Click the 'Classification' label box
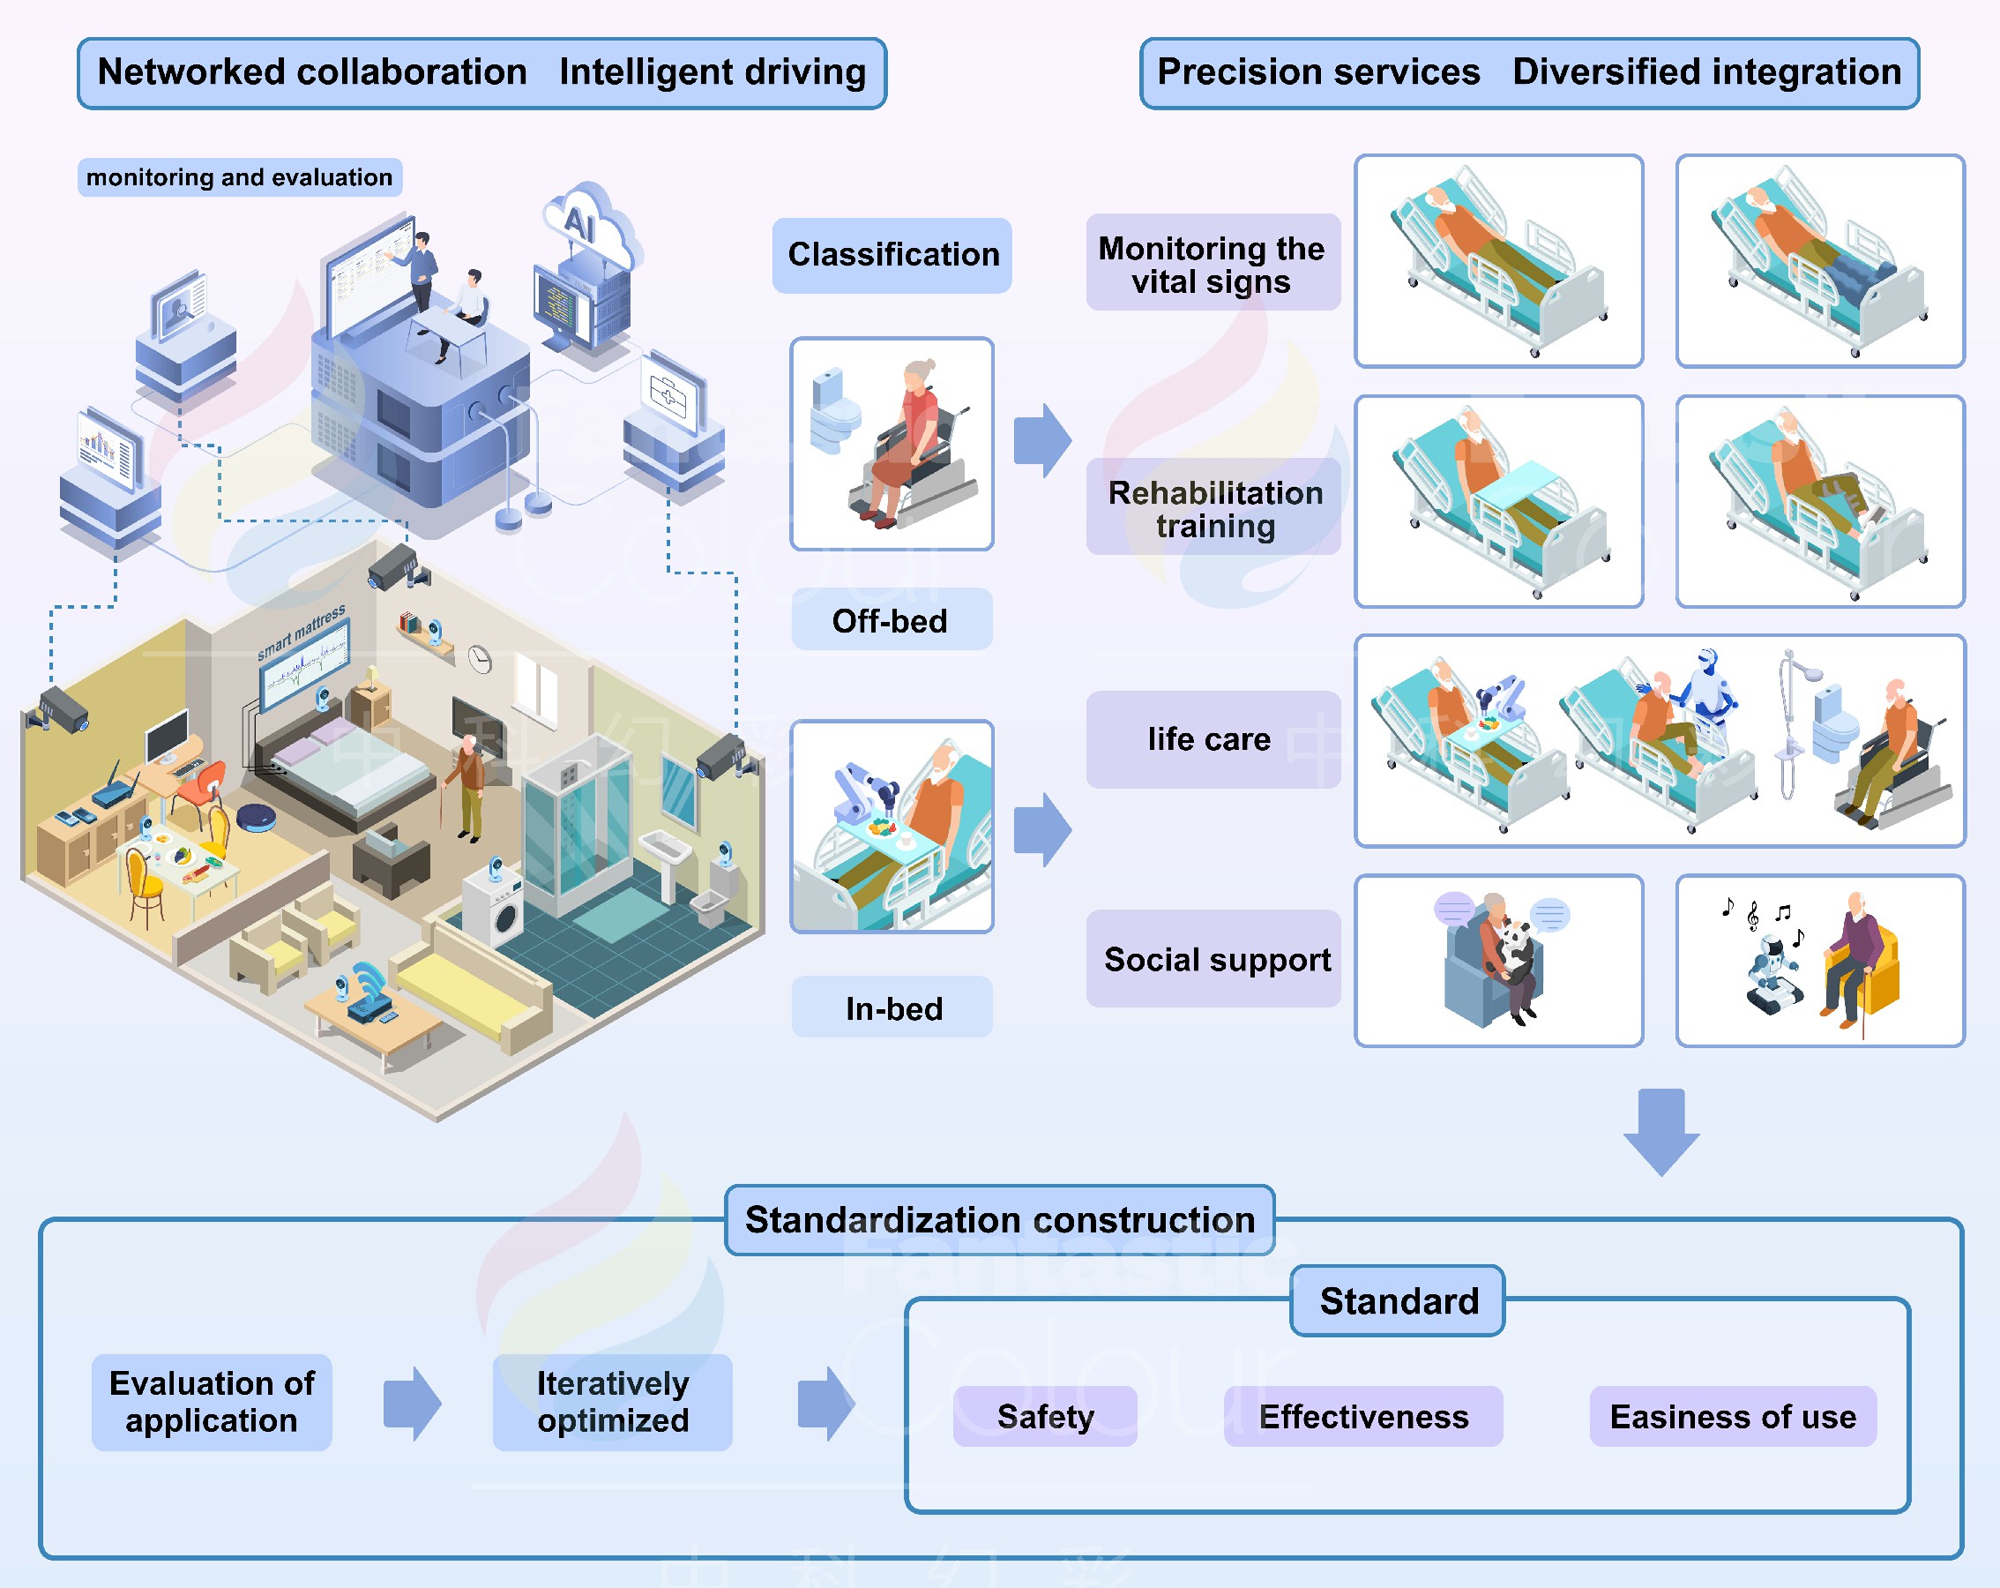pyautogui.click(x=892, y=255)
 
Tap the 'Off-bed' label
pyautogui.click(x=891, y=620)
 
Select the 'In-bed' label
pyautogui.click(x=892, y=1007)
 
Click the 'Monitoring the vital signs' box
pyautogui.click(x=1212, y=264)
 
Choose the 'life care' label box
pyautogui.click(x=1212, y=739)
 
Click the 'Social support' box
pyautogui.click(x=1213, y=959)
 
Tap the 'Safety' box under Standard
pyautogui.click(x=1044, y=1416)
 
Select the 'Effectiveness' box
pyautogui.click(x=1362, y=1416)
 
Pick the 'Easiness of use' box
pyautogui.click(x=1732, y=1416)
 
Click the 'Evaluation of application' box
pyautogui.click(x=212, y=1402)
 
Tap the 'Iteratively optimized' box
pyautogui.click(x=612, y=1402)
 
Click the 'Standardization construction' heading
pyautogui.click(x=999, y=1219)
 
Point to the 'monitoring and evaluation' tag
pyautogui.click(x=239, y=177)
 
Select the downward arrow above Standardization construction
pyautogui.click(x=1660, y=1131)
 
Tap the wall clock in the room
pyautogui.click(x=480, y=658)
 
